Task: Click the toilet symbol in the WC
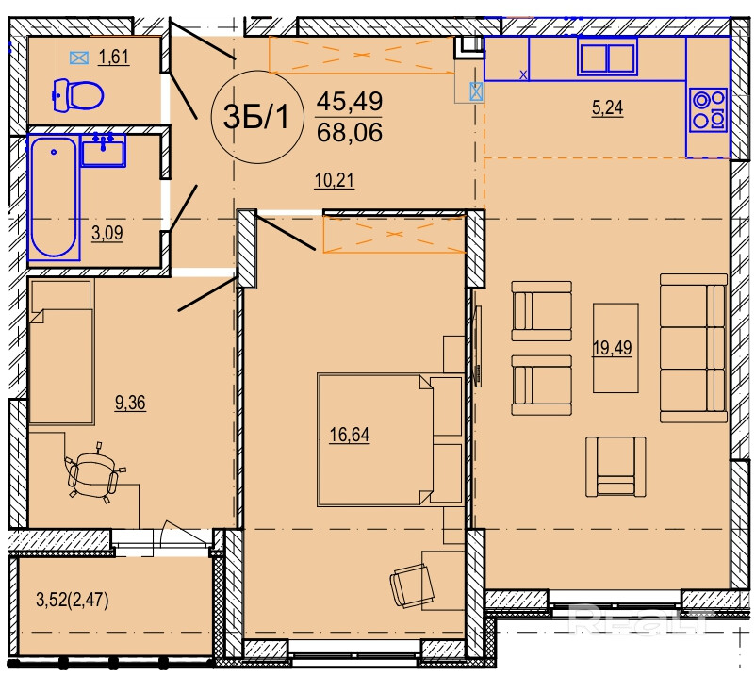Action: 77,95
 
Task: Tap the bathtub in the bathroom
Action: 54,197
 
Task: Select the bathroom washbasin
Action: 103,150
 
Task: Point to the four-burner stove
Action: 707,109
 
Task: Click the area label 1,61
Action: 114,58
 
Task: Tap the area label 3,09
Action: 107,234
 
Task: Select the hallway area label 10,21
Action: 335,181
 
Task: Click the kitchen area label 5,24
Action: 607,107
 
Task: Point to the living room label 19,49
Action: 612,348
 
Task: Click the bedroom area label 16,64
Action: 350,436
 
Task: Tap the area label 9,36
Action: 130,403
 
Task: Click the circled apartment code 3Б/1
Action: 256,117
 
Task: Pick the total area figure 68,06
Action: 350,132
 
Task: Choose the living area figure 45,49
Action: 350,102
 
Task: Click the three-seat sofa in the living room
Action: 694,348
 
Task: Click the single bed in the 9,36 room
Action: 61,352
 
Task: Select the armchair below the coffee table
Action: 615,467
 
